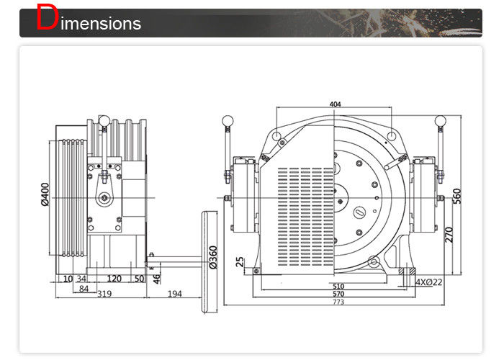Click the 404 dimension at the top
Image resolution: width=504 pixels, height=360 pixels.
335,104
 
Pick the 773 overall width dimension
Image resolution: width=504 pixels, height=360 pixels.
338,302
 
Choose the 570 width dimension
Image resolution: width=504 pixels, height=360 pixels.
338,294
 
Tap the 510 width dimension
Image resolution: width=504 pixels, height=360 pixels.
338,287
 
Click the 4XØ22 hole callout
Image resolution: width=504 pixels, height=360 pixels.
429,283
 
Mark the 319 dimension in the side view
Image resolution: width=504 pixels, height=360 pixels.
104,294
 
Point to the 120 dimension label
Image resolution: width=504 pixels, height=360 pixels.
113,277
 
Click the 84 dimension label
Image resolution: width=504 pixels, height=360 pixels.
84,289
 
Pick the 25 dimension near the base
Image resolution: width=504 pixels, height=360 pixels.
240,262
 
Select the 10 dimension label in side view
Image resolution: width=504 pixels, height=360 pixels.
67,277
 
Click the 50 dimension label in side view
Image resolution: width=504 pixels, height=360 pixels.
138,277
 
